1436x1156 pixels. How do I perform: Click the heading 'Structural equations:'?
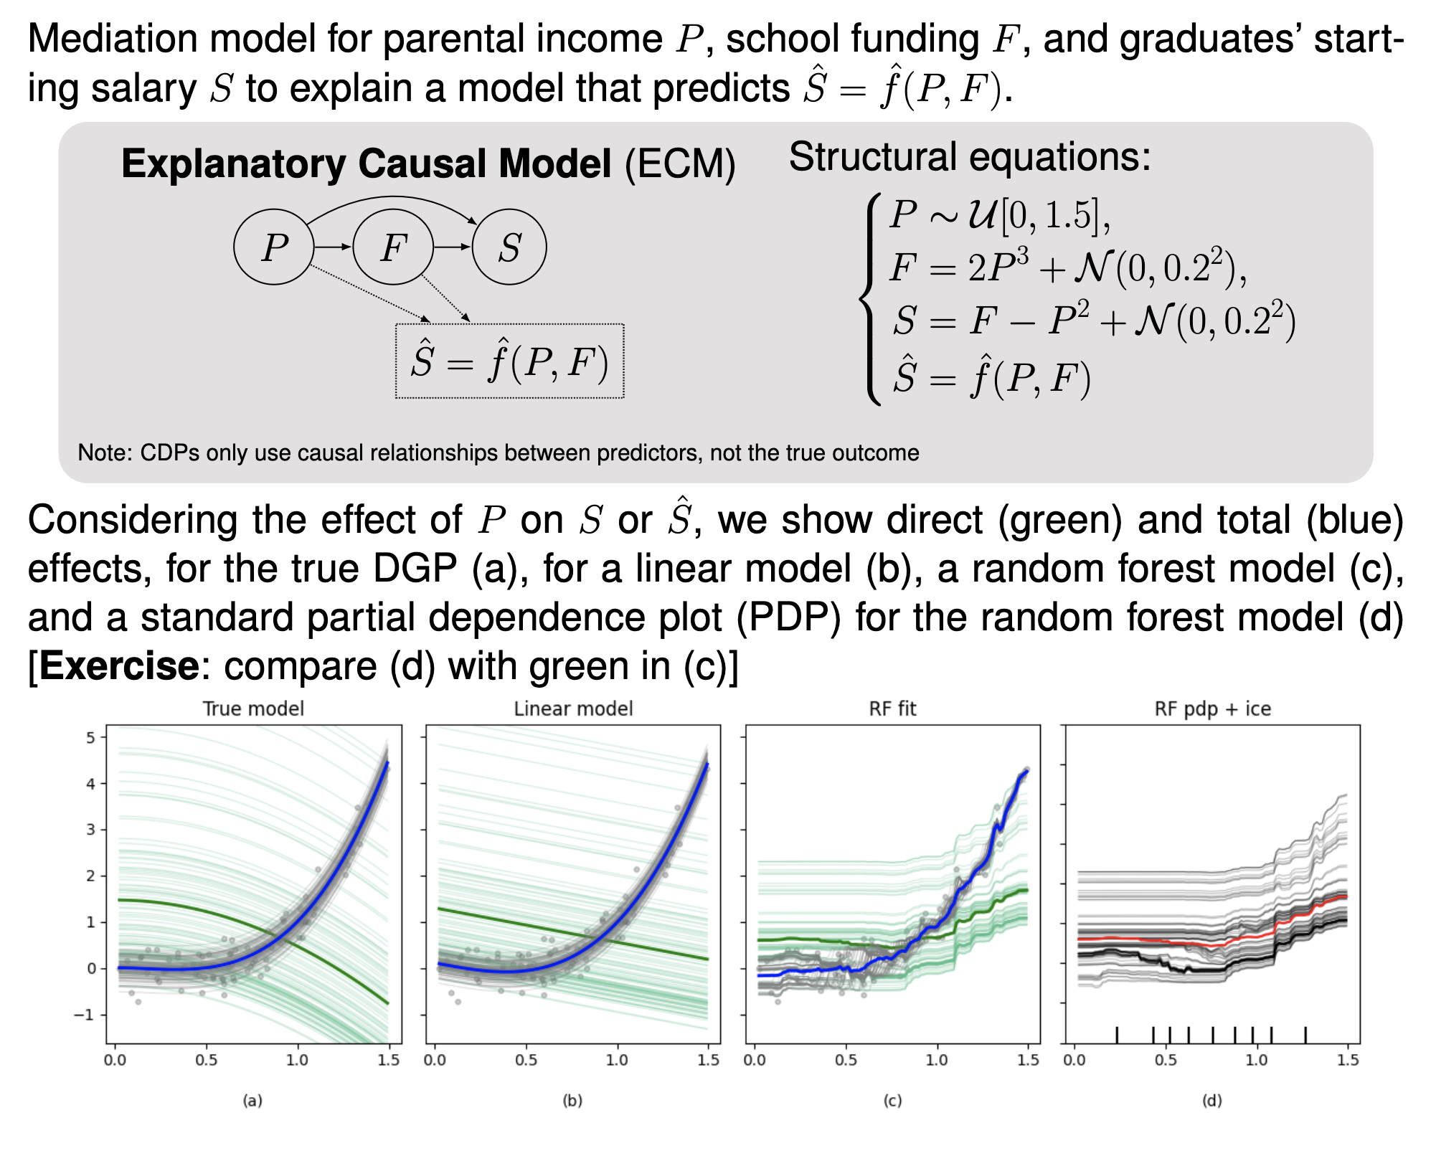pos(970,156)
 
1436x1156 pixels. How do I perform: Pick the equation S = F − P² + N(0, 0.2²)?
pos(1094,321)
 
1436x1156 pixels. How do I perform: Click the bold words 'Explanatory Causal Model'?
pos(366,164)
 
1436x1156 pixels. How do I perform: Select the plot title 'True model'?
pos(253,709)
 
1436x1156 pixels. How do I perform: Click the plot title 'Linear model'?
pos(573,709)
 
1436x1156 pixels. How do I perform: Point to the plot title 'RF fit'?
pos(892,709)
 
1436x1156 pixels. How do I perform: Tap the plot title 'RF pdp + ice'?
pos(1212,709)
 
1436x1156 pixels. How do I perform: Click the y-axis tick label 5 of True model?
pos(90,737)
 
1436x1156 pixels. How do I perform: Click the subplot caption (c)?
pos(892,1100)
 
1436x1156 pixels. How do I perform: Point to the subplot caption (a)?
pos(252,1100)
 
